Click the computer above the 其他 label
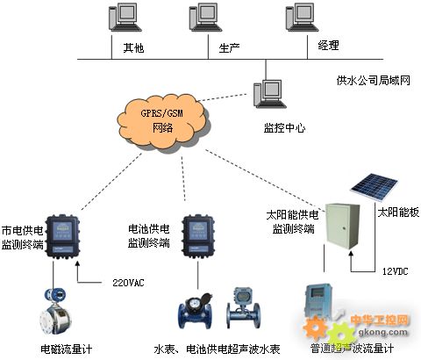coord(125,17)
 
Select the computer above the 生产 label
coord(205,17)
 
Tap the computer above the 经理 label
coord(302,17)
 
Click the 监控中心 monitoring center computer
coord(269,94)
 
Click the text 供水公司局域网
coord(374,80)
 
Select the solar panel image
coord(375,187)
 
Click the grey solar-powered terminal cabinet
coord(343,226)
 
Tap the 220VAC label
coord(128,283)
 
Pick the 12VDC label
coord(396,271)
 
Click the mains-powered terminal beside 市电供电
coord(63,236)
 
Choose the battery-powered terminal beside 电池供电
coord(198,236)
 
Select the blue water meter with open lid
coord(196,311)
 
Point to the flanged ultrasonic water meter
coord(243,308)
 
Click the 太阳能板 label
coord(398,212)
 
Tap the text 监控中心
coord(285,128)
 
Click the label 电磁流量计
coord(67,349)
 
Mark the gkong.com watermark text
coord(382,332)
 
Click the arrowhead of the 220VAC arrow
coord(77,263)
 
